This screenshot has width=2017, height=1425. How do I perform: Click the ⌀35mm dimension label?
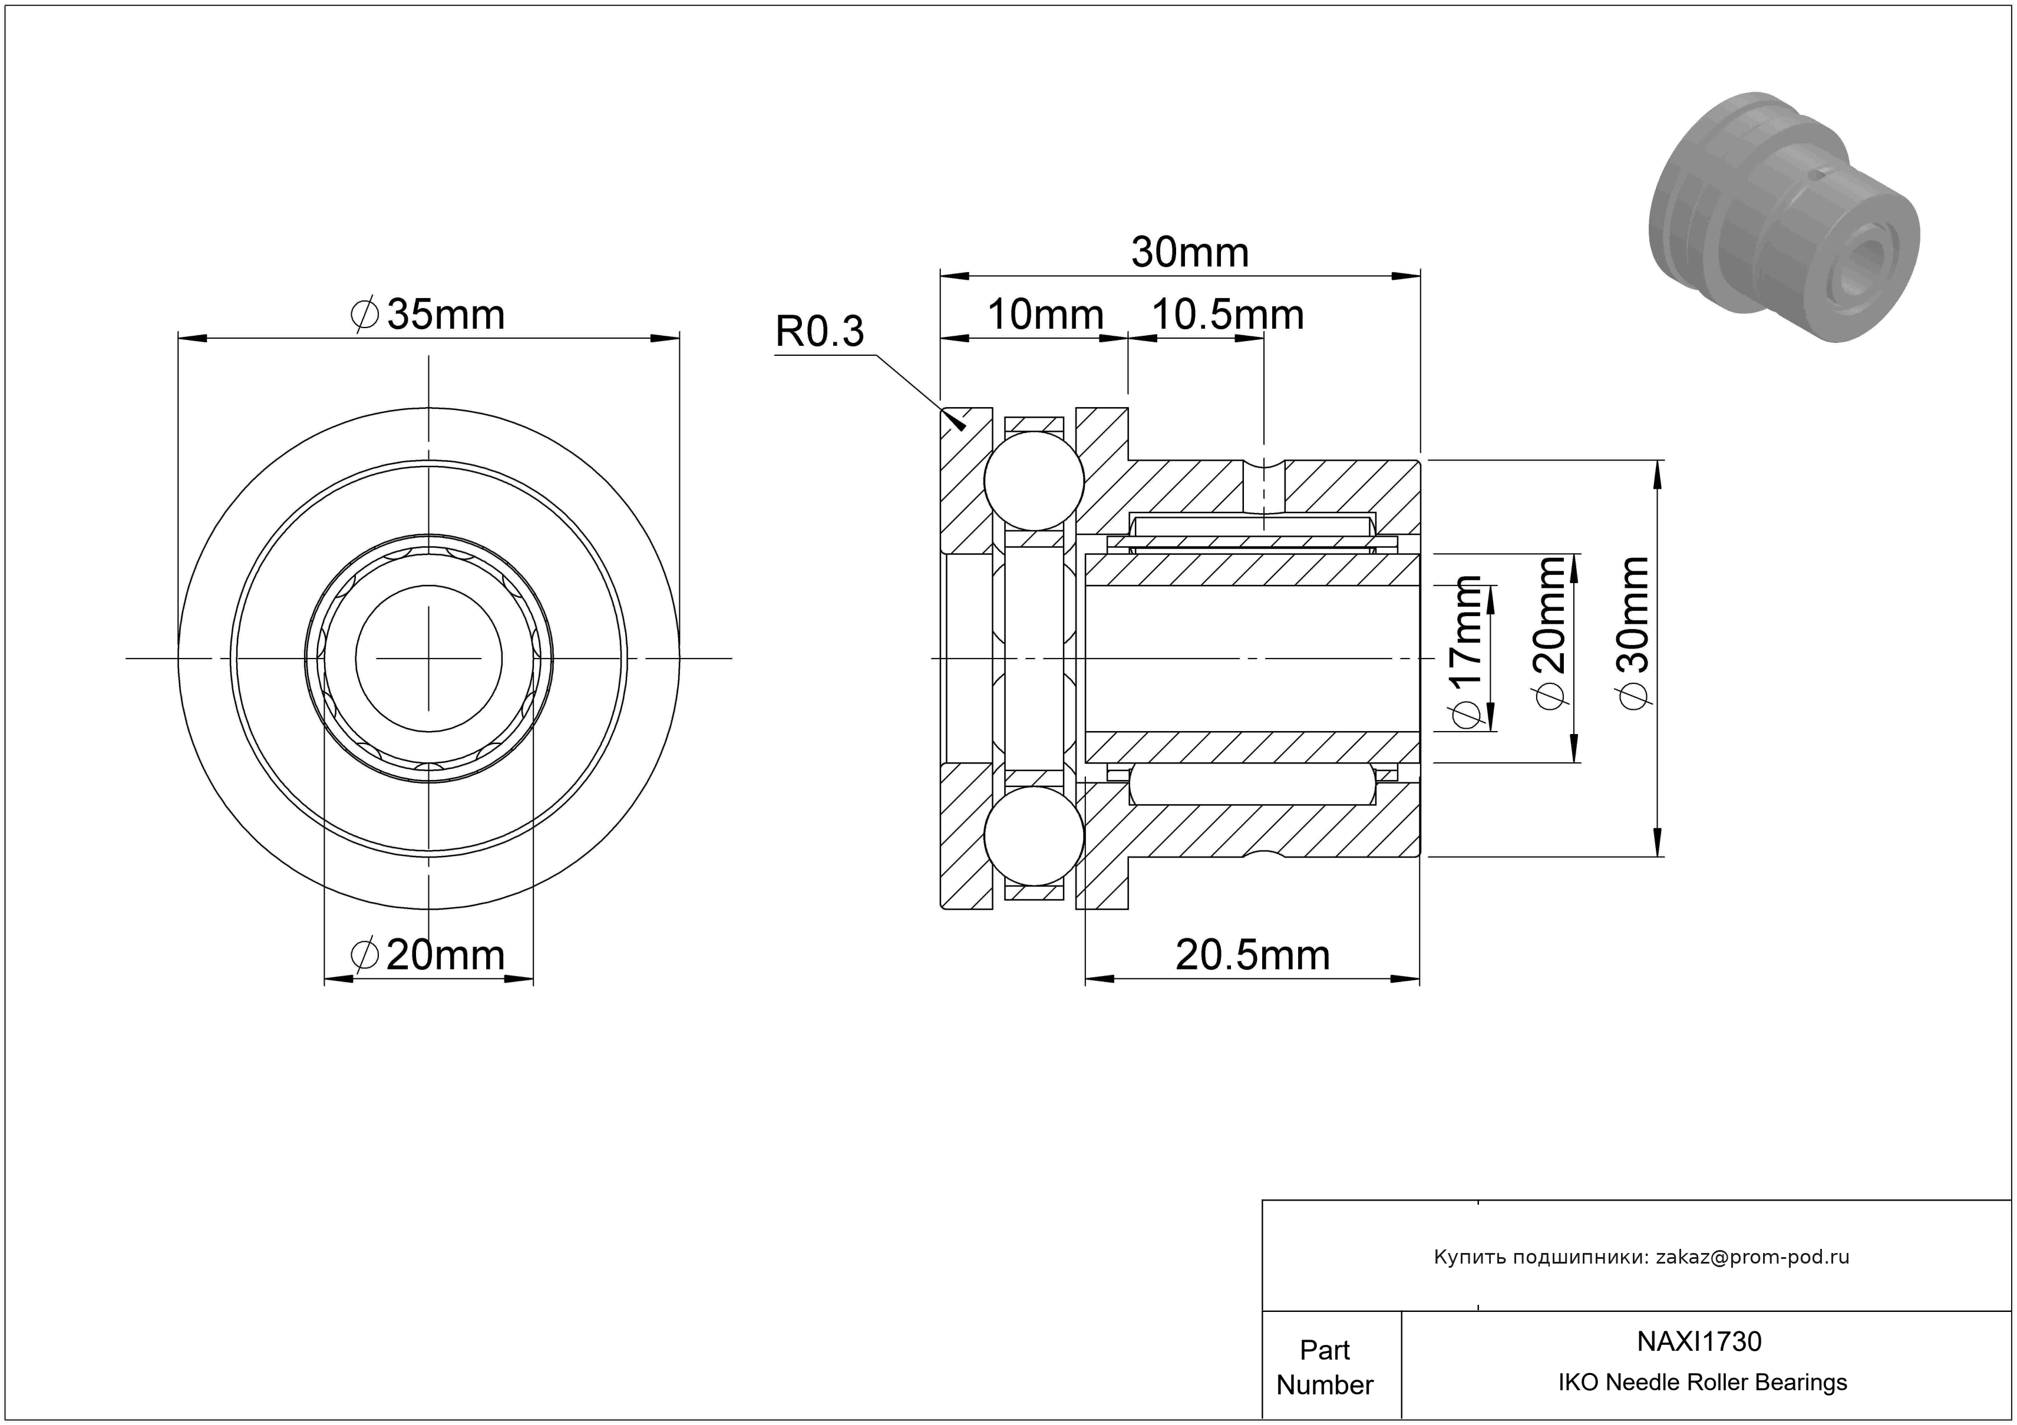(x=428, y=315)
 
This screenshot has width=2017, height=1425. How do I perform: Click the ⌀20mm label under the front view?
(x=428, y=954)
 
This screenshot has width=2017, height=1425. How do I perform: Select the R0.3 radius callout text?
(x=820, y=331)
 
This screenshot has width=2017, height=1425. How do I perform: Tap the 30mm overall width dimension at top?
(x=1190, y=252)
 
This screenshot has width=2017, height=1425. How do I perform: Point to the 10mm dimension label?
(x=1045, y=315)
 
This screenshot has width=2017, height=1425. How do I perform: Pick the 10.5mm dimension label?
(x=1227, y=315)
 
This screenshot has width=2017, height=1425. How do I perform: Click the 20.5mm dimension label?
(x=1253, y=954)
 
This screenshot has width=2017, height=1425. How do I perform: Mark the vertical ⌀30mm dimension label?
(x=1634, y=632)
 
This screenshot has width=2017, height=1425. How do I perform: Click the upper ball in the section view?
(x=1034, y=480)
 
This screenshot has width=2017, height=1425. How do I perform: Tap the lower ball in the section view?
(x=1034, y=836)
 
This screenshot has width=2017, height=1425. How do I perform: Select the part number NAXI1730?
(x=1699, y=1341)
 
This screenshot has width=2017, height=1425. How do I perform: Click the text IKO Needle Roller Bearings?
(x=1702, y=1383)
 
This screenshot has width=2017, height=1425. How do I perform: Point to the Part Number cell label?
(x=1325, y=1367)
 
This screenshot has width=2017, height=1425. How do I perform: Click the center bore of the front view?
(x=429, y=657)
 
